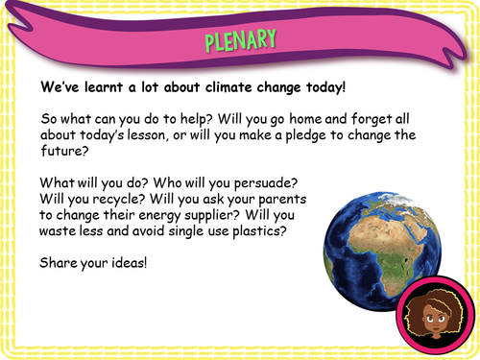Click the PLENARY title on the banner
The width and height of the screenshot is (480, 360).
point(240,40)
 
